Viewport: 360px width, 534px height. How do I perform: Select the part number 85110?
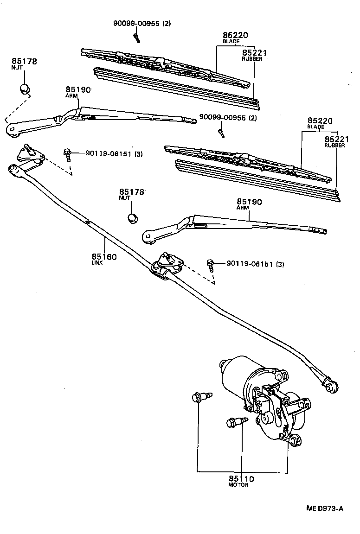pyautogui.click(x=241, y=478)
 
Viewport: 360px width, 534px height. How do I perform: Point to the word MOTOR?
pyautogui.click(x=238, y=485)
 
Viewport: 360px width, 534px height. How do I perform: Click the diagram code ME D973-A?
pyautogui.click(x=325, y=509)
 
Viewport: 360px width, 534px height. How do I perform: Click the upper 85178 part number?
pyautogui.click(x=25, y=61)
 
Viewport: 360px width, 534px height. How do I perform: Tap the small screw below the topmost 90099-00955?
pyautogui.click(x=136, y=37)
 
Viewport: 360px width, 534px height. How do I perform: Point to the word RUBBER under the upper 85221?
pyautogui.click(x=252, y=59)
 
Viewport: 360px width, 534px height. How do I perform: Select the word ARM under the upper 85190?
pyautogui.click(x=70, y=95)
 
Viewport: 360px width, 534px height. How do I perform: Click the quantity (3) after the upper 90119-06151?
pyautogui.click(x=139, y=153)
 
